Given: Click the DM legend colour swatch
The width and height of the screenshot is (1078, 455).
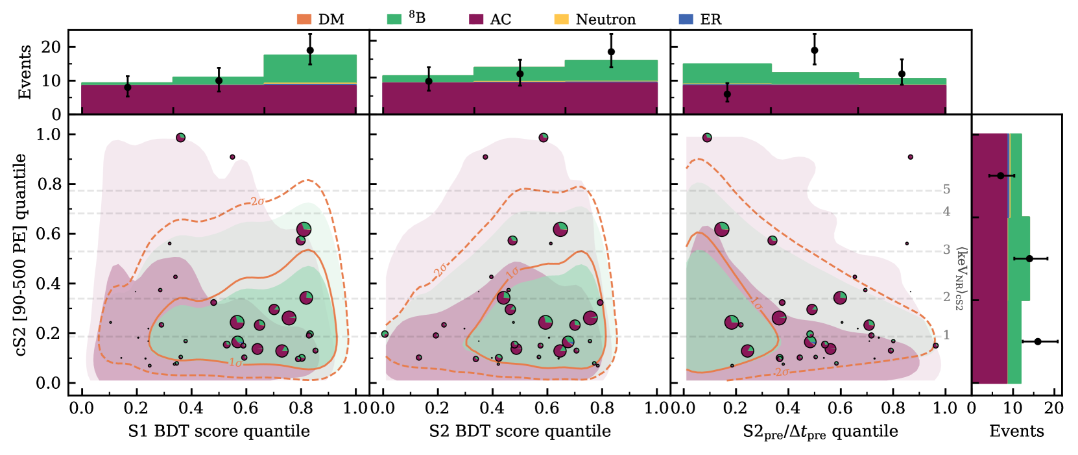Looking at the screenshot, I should coord(304,19).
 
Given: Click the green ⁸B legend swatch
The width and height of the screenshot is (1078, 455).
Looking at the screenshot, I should coord(394,19).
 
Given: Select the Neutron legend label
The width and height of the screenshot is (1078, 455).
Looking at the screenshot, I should coord(605,19).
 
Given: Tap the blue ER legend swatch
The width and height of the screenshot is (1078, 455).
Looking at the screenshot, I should coord(686,19).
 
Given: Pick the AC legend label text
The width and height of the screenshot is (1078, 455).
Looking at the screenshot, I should coord(500,19).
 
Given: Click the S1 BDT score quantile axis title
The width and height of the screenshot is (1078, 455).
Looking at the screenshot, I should coord(219,432).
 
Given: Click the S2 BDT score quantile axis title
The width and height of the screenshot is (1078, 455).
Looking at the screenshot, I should coord(520,432).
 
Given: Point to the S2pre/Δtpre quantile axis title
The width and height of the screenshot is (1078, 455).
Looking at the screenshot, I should coord(820,432).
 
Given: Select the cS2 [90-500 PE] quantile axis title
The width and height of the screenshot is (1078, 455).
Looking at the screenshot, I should coord(21,255).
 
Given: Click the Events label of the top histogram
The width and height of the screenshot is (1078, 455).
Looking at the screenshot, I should coord(25,72).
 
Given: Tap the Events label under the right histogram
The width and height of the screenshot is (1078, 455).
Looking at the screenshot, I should coord(1016,432).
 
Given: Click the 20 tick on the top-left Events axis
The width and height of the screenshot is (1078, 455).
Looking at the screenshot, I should coord(51,47).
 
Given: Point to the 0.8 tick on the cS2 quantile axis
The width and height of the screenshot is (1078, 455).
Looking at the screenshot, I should coord(49,184).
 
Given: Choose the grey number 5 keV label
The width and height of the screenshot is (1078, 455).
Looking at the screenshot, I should coord(946,190).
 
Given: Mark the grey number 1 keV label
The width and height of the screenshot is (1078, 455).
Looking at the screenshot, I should coord(946,336).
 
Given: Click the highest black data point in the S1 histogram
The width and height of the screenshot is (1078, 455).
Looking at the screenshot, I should coord(310,50).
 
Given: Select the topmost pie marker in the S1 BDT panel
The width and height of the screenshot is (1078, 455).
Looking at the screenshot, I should coord(180,138).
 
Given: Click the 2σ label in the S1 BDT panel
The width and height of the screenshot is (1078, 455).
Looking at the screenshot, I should coord(258,202).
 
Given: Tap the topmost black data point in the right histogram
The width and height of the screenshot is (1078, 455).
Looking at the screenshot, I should coord(1001,176).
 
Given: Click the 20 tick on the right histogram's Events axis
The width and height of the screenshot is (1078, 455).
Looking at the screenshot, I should coord(1054,408).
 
